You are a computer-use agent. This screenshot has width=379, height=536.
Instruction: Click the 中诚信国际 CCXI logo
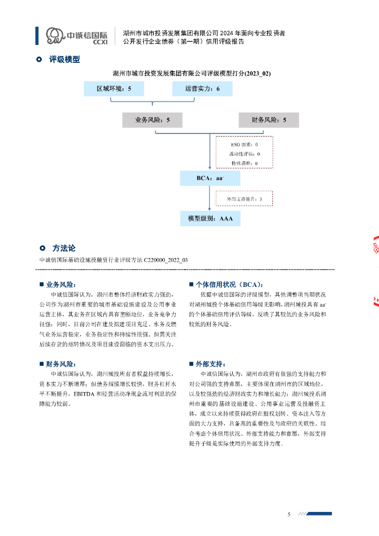pyautogui.click(x=76, y=36)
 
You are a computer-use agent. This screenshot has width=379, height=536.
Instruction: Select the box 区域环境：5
pyautogui.click(x=114, y=89)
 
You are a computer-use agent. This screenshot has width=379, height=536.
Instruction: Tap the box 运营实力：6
pyautogui.click(x=202, y=89)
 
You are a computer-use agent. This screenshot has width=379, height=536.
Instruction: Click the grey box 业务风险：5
pyautogui.click(x=152, y=120)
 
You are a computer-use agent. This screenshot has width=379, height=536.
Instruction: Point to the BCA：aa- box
pyautogui.click(x=210, y=178)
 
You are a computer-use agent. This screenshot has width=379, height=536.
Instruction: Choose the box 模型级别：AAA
pyautogui.click(x=210, y=218)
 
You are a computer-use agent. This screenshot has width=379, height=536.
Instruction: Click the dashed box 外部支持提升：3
pyautogui.click(x=244, y=199)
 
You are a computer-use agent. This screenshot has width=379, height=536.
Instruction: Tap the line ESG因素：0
pyautogui.click(x=244, y=144)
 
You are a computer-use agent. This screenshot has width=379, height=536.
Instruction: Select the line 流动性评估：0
pyautogui.click(x=244, y=154)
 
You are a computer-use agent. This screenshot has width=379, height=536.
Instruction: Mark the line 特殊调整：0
pyautogui.click(x=244, y=163)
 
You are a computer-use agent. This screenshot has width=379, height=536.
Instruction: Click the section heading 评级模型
pyautogui.click(x=64, y=60)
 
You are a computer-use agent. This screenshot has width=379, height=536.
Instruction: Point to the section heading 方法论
pyautogui.click(x=64, y=248)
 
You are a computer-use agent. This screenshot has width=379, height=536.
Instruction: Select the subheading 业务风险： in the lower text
pyautogui.click(x=61, y=285)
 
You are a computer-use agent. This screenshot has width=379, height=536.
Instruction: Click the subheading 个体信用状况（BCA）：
pyautogui.click(x=229, y=285)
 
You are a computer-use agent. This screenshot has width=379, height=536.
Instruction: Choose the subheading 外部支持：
pyautogui.click(x=210, y=364)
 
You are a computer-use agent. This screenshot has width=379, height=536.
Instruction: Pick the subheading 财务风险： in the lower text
pyautogui.click(x=61, y=364)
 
